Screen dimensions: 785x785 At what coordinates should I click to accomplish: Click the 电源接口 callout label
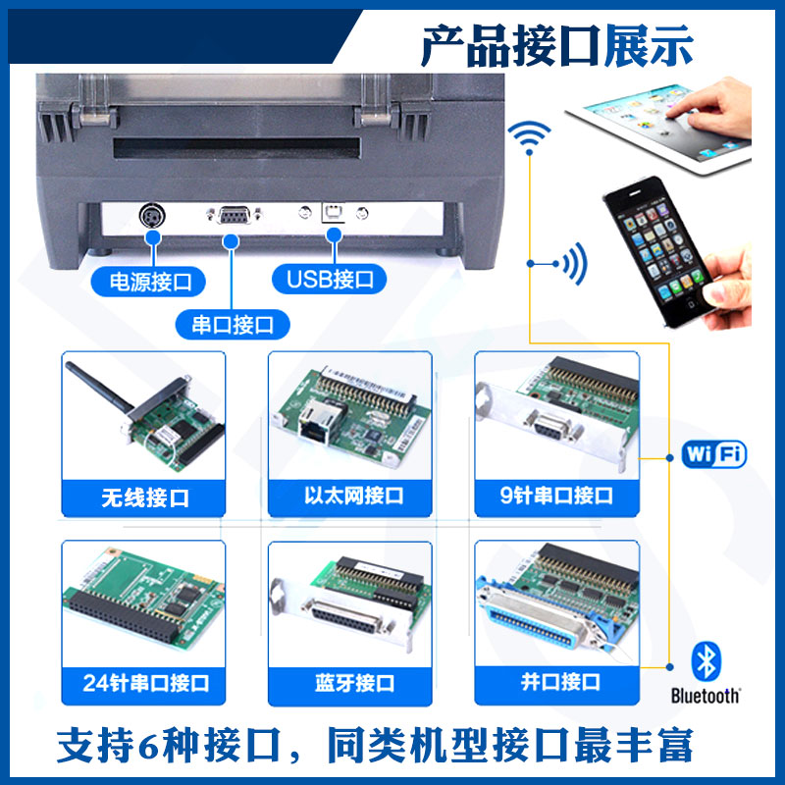pyautogui.click(x=148, y=282)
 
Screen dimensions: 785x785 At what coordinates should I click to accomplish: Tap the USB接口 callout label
pyautogui.click(x=329, y=279)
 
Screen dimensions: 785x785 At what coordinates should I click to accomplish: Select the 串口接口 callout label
pyautogui.click(x=233, y=325)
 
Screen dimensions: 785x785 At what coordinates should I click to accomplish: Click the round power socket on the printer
pyautogui.click(x=152, y=216)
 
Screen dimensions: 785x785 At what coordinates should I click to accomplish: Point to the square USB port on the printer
pyautogui.click(x=333, y=213)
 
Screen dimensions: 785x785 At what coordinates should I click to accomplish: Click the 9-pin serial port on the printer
pyautogui.click(x=234, y=215)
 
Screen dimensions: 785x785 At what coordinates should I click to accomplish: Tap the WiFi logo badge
pyautogui.click(x=714, y=454)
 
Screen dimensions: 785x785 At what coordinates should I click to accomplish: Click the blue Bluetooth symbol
pyautogui.click(x=706, y=660)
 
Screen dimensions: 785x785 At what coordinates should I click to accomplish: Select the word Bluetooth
pyautogui.click(x=705, y=696)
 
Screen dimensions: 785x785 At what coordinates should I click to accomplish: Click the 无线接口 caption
pyautogui.click(x=145, y=497)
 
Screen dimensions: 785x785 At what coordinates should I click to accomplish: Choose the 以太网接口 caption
pyautogui.click(x=353, y=496)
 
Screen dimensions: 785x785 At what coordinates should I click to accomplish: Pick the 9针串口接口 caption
pyautogui.click(x=556, y=496)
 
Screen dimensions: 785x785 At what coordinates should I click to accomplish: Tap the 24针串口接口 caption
pyautogui.click(x=145, y=683)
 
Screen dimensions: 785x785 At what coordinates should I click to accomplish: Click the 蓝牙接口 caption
pyautogui.click(x=354, y=683)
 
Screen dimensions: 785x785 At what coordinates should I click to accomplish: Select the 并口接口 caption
pyautogui.click(x=560, y=681)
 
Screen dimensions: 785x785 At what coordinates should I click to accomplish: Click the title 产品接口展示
pyautogui.click(x=557, y=46)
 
